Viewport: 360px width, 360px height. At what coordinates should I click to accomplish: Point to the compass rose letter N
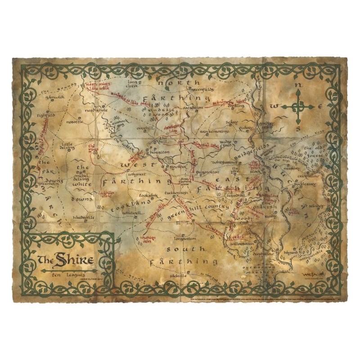(297, 85)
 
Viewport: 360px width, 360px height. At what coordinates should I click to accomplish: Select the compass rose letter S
(298, 127)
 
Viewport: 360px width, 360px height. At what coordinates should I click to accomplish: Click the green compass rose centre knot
(298, 106)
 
